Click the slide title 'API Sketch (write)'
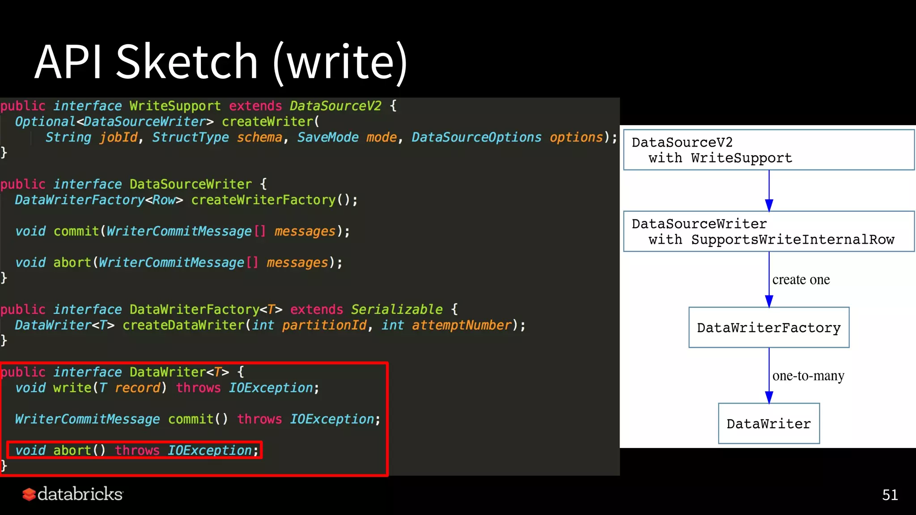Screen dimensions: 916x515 coord(221,62)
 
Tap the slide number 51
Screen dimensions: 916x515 coord(890,495)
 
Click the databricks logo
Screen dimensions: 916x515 coord(72,494)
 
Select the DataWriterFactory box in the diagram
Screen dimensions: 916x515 coord(768,328)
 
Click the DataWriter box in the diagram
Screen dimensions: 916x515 coord(768,423)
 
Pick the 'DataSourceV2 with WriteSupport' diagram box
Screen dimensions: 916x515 coord(768,150)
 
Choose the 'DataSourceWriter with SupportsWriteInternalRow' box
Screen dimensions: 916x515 coord(768,231)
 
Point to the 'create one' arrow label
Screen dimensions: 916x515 coord(801,280)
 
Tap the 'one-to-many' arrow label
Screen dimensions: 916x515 coord(808,376)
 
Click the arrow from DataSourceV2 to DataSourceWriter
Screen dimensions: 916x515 coord(769,190)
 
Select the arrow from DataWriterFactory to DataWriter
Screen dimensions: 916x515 coord(769,376)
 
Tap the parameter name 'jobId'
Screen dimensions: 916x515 coord(119,137)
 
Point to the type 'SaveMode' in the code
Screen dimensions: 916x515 coord(327,137)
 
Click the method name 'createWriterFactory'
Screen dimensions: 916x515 coord(263,200)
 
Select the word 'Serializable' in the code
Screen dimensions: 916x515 coord(396,309)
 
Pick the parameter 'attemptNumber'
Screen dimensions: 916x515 coord(461,325)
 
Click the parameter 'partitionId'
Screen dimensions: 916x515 coord(324,325)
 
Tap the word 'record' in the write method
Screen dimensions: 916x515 coord(137,388)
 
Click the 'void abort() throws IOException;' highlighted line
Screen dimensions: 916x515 coord(134,450)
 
